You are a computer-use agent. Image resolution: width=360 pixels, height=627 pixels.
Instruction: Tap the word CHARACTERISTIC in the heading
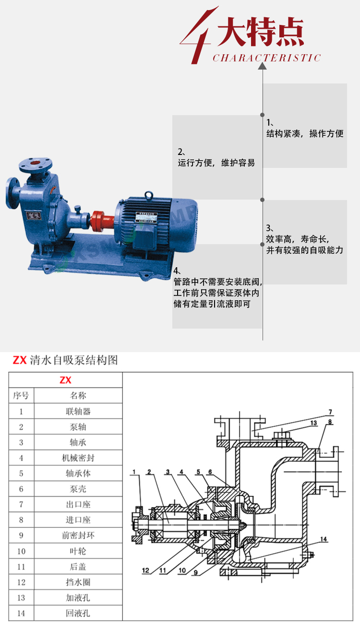click(266, 58)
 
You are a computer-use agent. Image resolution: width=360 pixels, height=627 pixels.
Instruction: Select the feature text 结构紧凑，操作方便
click(305, 134)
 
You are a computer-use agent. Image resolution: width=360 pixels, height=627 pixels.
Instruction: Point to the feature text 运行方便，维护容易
click(216, 163)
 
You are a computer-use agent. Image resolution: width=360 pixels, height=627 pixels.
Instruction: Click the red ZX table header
click(65, 380)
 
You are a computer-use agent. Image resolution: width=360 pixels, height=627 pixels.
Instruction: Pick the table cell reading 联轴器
click(78, 412)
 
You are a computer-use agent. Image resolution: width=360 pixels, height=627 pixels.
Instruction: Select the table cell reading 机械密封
click(78, 458)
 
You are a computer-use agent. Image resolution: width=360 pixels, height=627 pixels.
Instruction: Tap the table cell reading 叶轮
click(78, 551)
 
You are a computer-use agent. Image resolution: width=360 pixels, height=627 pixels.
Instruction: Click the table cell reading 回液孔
click(78, 613)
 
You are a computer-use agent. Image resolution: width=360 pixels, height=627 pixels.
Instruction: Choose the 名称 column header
click(78, 396)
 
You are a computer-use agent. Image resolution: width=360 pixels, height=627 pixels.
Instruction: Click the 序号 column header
click(21, 396)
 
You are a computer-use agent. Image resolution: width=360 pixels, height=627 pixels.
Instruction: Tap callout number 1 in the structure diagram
click(135, 472)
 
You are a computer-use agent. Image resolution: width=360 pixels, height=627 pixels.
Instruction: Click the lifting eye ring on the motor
click(149, 195)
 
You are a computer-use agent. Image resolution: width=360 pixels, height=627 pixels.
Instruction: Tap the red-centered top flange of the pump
click(35, 163)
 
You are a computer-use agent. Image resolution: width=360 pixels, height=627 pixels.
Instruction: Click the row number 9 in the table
click(21, 535)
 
